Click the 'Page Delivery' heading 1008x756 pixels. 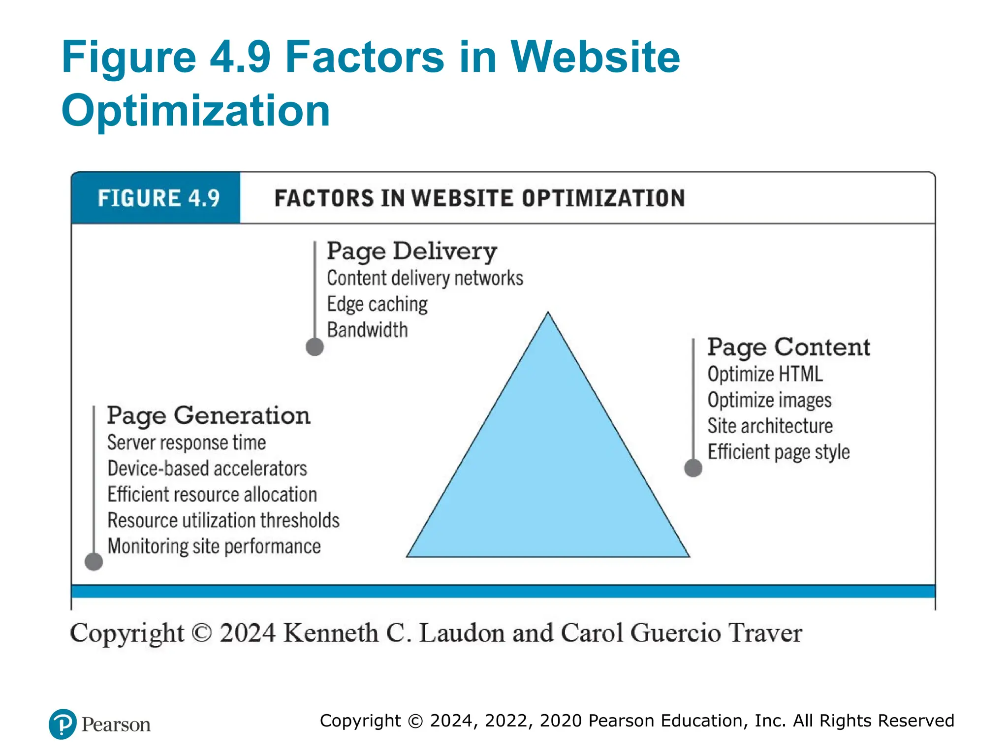click(412, 252)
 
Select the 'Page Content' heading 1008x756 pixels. click(788, 347)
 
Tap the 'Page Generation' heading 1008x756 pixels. click(209, 416)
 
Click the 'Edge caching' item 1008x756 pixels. click(377, 304)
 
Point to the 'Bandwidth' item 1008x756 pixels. click(367, 330)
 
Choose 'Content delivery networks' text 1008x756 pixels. click(425, 279)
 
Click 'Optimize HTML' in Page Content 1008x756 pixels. click(765, 375)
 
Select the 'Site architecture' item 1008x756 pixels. click(770, 426)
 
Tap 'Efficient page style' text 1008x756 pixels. click(779, 452)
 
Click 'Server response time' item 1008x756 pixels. click(187, 442)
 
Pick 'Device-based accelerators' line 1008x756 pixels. click(207, 469)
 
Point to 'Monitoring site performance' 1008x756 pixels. click(214, 546)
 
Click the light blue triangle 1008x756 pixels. click(548, 468)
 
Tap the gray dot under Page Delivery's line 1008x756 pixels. click(315, 347)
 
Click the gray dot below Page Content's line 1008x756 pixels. click(693, 468)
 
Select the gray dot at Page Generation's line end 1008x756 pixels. click(94, 562)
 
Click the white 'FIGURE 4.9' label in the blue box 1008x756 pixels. click(158, 198)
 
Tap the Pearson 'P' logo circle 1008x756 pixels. click(63, 724)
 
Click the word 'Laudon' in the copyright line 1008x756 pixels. click(461, 633)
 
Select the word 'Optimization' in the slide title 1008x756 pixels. click(196, 111)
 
